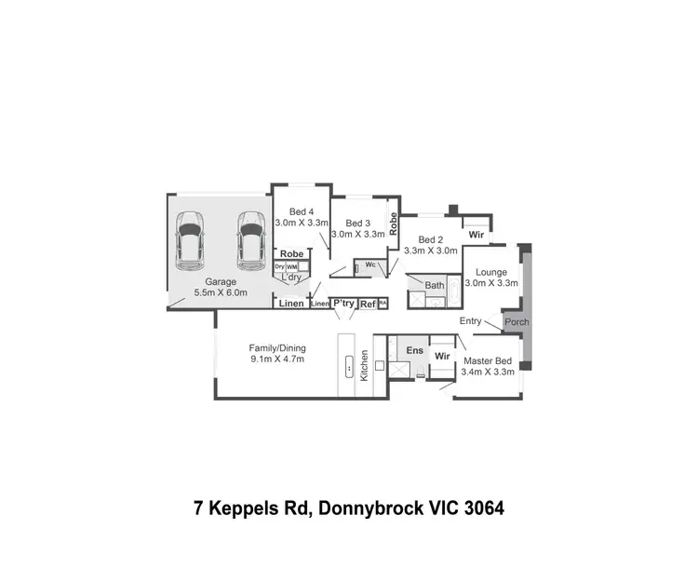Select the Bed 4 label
coord(301,211)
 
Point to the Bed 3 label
coord(357,224)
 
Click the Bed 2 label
coord(431,239)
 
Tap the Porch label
coord(516,322)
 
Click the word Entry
coord(471,321)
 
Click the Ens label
coord(414,351)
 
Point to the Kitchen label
coord(365,364)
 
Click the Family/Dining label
coord(276,347)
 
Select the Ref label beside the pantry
coord(368,304)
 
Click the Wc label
coord(369,264)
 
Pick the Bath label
coord(435,285)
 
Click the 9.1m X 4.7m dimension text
coord(276,359)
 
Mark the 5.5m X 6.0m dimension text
coord(221,292)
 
